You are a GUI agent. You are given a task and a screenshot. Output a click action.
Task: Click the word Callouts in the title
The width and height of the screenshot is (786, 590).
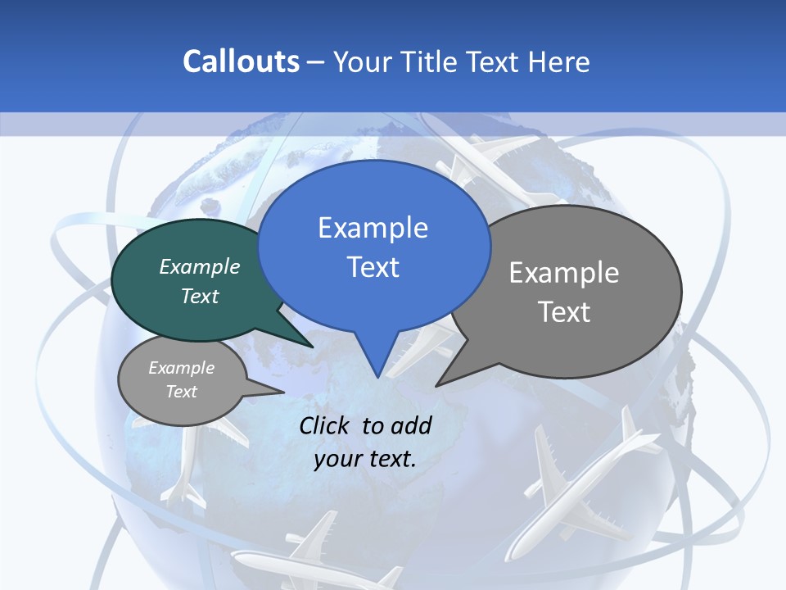(241, 61)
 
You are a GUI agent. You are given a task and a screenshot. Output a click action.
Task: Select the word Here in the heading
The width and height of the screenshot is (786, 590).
(559, 61)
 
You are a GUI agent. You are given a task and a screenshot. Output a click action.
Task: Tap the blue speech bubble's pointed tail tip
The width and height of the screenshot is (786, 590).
(377, 377)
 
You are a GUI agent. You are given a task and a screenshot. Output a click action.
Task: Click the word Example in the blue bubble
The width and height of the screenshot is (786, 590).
(373, 228)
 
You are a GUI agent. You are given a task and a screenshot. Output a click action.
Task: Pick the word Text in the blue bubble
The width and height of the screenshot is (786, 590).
(373, 267)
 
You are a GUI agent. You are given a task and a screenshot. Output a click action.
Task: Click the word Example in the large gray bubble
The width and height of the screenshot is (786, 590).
(563, 273)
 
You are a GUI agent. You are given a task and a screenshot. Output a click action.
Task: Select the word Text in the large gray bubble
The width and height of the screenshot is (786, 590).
(563, 312)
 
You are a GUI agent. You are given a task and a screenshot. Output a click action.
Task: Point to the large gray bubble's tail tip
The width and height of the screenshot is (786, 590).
(436, 385)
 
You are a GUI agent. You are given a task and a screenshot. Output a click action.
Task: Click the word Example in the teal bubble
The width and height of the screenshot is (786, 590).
(200, 266)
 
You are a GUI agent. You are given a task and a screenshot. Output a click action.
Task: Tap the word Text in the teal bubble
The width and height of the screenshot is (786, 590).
(200, 296)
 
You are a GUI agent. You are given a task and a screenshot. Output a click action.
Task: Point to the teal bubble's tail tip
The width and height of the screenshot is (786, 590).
(313, 347)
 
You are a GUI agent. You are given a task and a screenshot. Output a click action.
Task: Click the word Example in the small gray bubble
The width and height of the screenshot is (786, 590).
(181, 368)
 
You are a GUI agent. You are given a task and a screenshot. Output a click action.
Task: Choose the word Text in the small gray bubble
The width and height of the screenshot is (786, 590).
(181, 392)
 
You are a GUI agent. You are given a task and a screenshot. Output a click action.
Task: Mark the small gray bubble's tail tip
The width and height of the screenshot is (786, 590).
(283, 392)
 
